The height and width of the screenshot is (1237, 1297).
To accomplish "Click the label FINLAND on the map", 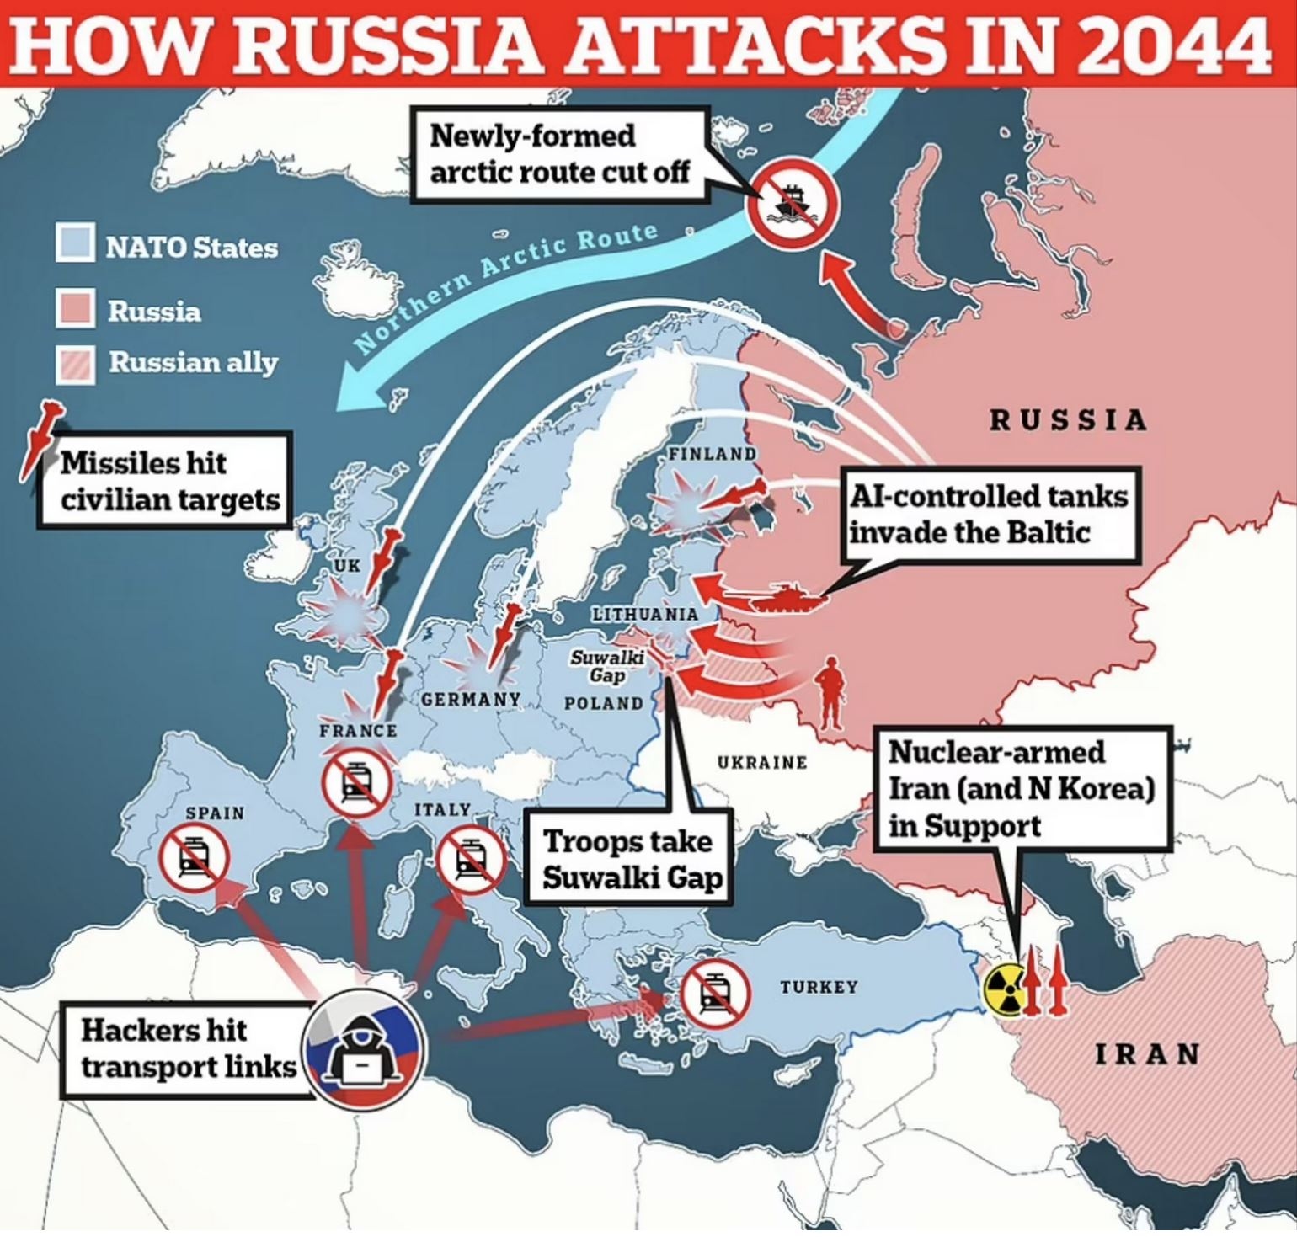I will pyautogui.click(x=713, y=454).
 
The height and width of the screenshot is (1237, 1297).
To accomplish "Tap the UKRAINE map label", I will pyautogui.click(x=761, y=762).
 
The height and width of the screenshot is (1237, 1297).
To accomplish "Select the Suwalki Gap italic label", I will pyautogui.click(x=607, y=665).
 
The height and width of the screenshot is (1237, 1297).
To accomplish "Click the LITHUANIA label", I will pyautogui.click(x=644, y=614).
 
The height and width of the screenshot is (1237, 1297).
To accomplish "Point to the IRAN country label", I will pyautogui.click(x=1146, y=1053).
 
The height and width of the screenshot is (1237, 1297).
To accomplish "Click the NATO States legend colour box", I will pyautogui.click(x=75, y=243).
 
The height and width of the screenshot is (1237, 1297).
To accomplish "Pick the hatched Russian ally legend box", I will pyautogui.click(x=75, y=363).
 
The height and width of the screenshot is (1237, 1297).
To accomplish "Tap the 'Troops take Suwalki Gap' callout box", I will pyautogui.click(x=627, y=857).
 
